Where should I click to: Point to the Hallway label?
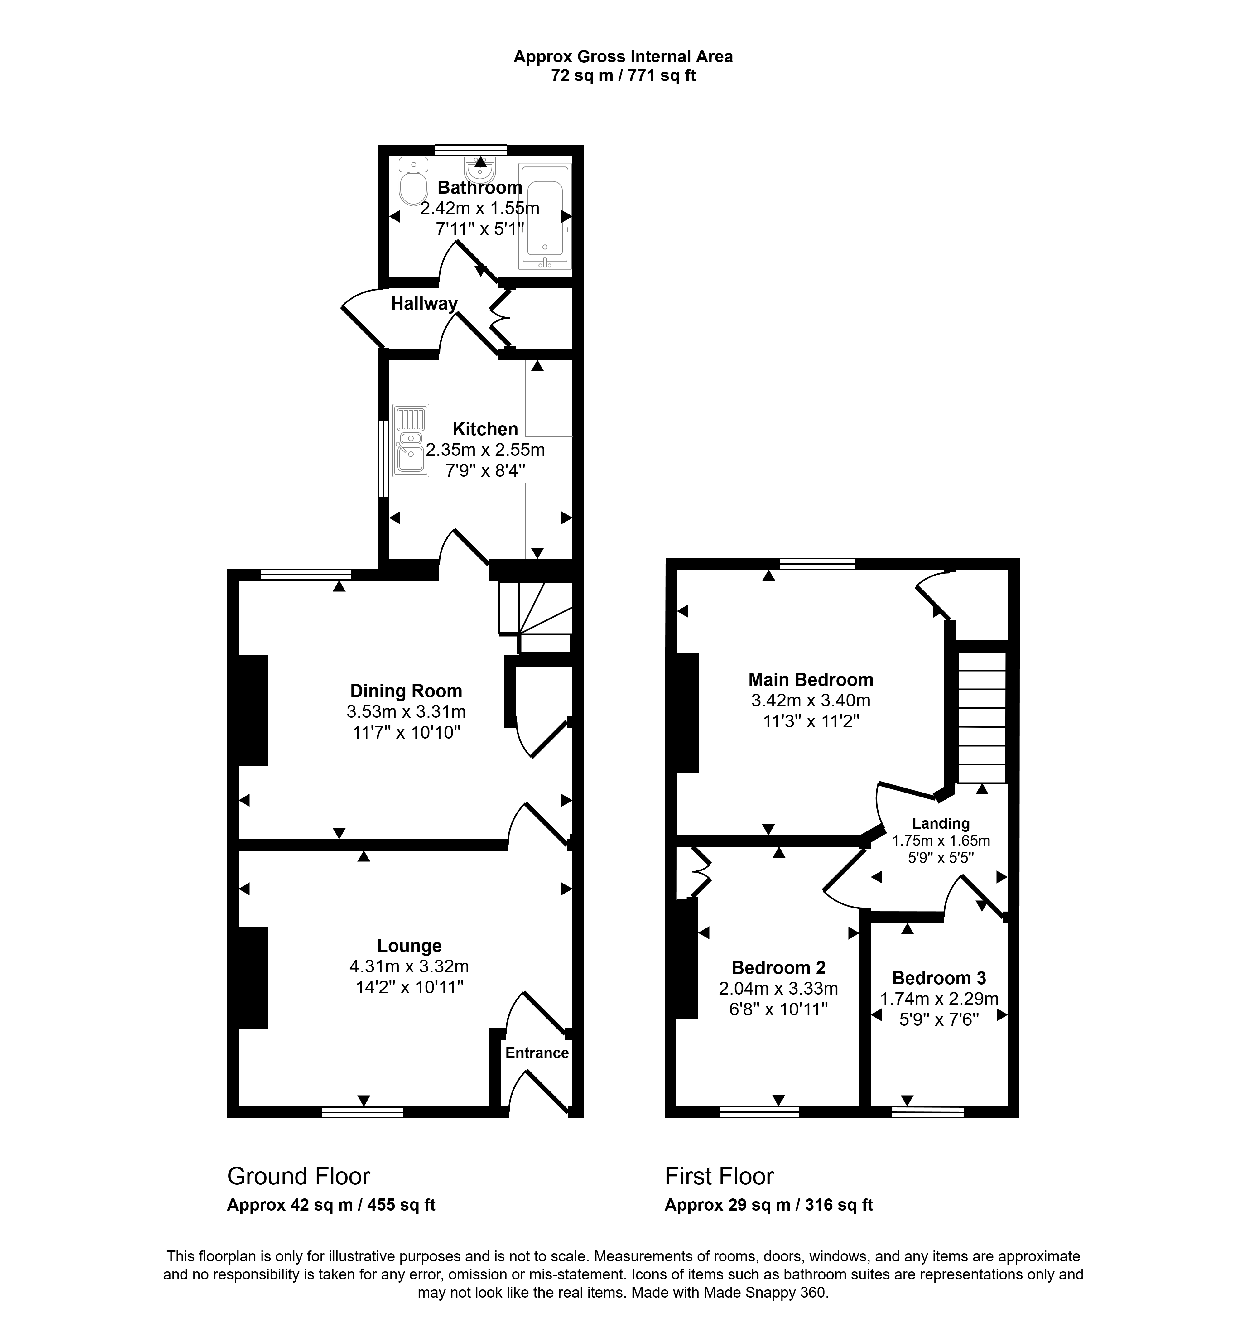(x=424, y=304)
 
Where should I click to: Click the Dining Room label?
(x=406, y=691)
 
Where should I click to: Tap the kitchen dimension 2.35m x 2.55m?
(x=485, y=450)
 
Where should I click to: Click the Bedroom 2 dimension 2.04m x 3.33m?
(x=778, y=988)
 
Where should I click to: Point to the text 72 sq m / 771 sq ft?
(x=623, y=75)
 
